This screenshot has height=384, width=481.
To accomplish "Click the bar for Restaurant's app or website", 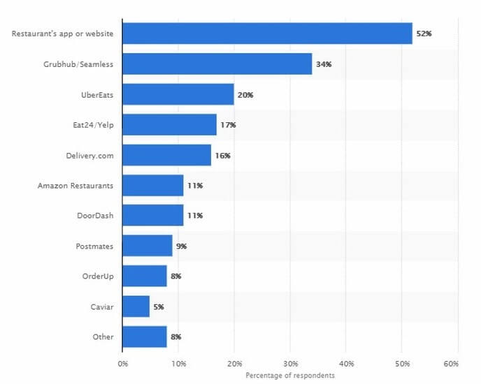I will [x=267, y=34].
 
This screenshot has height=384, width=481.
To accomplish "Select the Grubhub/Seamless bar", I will [x=217, y=64].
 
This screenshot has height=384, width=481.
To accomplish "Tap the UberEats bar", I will [x=178, y=94].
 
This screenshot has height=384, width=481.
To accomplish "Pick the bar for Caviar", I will [x=136, y=307].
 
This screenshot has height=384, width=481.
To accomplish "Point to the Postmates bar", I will [x=148, y=246].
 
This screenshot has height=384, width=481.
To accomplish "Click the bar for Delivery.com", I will [x=167, y=155].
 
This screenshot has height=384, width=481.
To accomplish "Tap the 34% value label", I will [x=323, y=64].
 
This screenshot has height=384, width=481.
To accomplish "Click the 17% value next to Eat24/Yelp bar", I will [x=228, y=125].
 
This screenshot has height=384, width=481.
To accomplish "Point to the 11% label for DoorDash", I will [x=194, y=216].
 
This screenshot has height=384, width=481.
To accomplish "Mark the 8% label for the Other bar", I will [x=175, y=337].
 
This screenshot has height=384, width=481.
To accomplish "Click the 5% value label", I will [x=159, y=307].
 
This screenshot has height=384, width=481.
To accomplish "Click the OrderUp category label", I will [x=98, y=276].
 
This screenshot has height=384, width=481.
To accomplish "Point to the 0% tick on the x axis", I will [x=122, y=364].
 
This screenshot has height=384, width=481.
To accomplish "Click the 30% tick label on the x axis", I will [x=290, y=364].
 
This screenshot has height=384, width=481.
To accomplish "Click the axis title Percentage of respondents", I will [x=290, y=376].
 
